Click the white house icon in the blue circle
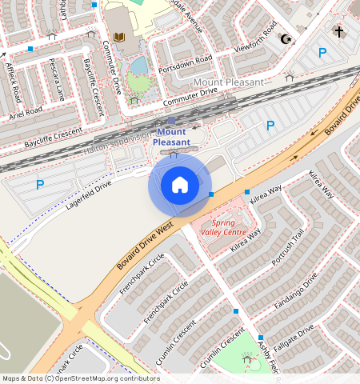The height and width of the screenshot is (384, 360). pyautogui.click(x=180, y=186)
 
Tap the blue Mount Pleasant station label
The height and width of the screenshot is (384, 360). pyautogui.click(x=173, y=137)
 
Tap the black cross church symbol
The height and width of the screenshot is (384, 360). pyautogui.click(x=338, y=32)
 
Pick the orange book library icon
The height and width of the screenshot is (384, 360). pyautogui.click(x=119, y=38)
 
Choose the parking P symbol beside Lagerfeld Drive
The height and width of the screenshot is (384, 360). pyautogui.click(x=40, y=185)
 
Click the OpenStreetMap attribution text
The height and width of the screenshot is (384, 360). pyautogui.click(x=80, y=378)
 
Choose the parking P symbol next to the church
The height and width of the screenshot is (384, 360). pyautogui.click(x=322, y=53)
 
